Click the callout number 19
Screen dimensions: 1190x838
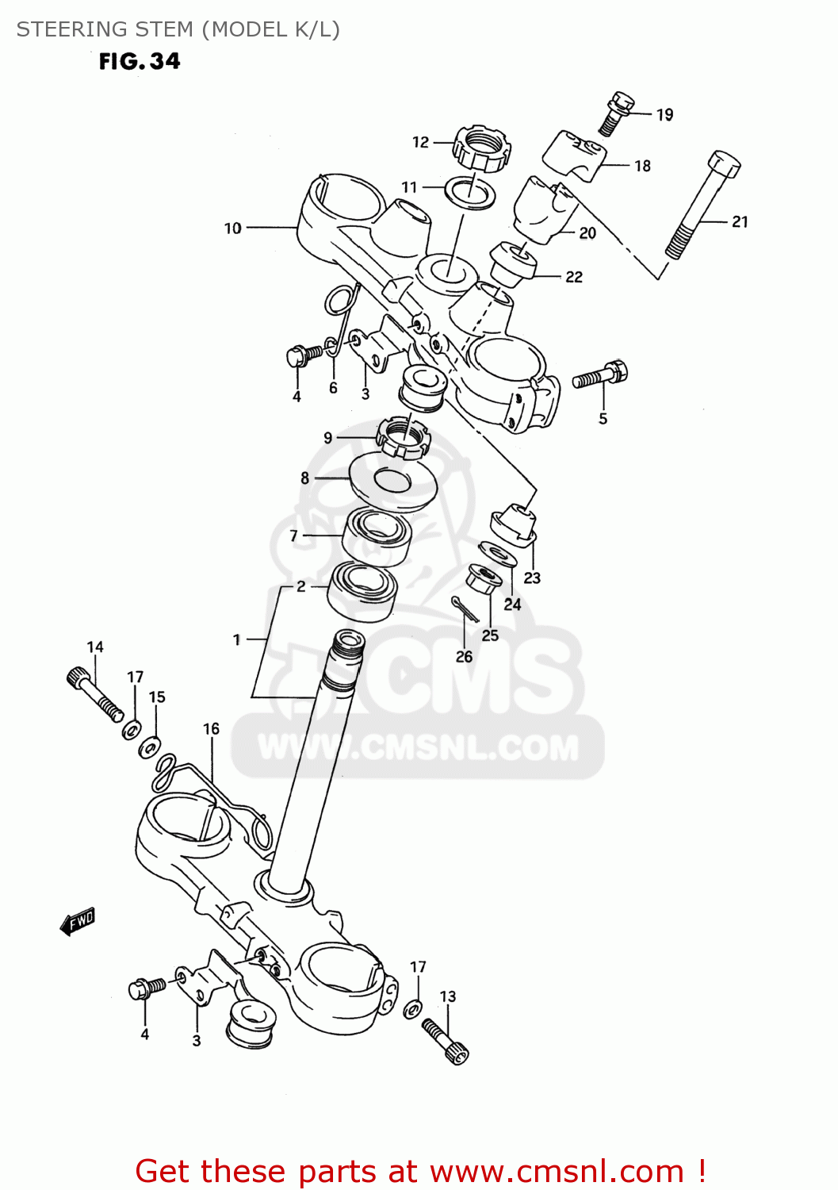tap(664, 115)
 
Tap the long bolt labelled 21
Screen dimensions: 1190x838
tap(702, 204)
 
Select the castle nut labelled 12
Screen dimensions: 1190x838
tap(481, 148)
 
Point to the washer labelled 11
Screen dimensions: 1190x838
tap(469, 193)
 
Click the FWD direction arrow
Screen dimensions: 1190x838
tap(78, 922)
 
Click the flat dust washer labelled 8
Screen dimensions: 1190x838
tap(394, 481)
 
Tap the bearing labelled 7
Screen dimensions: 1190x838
tap(377, 537)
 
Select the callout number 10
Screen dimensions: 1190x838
tap(232, 228)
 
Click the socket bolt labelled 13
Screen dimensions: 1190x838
tap(446, 1040)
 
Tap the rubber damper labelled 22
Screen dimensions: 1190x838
tap(514, 263)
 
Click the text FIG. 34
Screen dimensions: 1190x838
tap(140, 62)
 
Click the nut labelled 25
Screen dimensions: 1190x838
tap(484, 579)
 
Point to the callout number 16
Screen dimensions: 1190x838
tap(211, 728)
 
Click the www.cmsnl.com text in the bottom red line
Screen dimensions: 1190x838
tap(557, 1171)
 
